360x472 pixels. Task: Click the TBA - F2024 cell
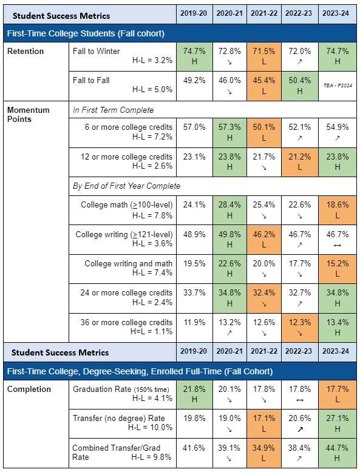pyautogui.click(x=336, y=86)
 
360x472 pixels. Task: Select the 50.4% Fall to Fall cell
pyautogui.click(x=301, y=86)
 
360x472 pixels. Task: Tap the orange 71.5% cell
pyautogui.click(x=265, y=56)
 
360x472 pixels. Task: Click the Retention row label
pyautogui.click(x=25, y=52)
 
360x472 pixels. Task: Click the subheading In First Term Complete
pyautogui.click(x=113, y=110)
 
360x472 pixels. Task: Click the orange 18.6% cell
pyautogui.click(x=336, y=209)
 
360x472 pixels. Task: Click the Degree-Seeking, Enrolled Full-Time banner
pyautogui.click(x=140, y=371)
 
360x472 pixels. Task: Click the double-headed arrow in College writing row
pyautogui.click(x=336, y=244)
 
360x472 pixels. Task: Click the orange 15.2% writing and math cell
pyautogui.click(x=336, y=268)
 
